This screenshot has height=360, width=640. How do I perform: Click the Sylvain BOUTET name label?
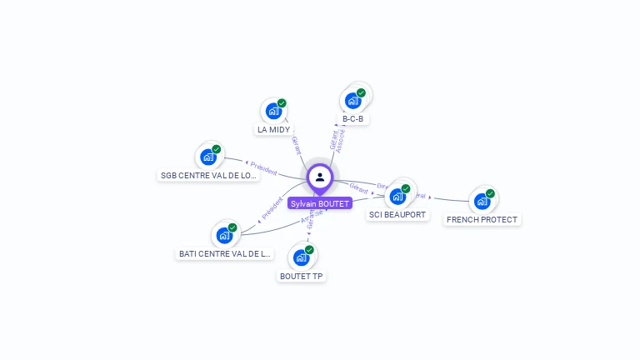(x=319, y=202)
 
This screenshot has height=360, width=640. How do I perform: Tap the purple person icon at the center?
(x=320, y=177)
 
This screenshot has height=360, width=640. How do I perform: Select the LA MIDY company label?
(x=273, y=130)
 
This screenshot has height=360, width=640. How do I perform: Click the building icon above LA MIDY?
(x=273, y=110)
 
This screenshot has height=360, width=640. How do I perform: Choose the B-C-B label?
(x=352, y=119)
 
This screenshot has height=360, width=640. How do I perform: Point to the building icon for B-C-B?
(x=353, y=100)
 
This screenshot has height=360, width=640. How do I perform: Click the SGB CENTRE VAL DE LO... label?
(x=208, y=176)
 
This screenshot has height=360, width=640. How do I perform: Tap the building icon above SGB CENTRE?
(x=208, y=157)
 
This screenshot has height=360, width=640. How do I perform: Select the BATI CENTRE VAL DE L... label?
(x=225, y=253)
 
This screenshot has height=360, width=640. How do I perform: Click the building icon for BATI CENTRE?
(x=224, y=235)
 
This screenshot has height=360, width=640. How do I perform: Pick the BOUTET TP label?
(x=301, y=276)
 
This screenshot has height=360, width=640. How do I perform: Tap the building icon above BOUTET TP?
(x=301, y=257)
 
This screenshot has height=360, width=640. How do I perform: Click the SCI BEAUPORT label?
(x=397, y=215)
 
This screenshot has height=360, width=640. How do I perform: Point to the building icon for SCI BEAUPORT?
(x=397, y=196)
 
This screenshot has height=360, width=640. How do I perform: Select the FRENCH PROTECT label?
(x=482, y=220)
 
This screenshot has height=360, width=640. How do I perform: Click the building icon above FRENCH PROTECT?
(x=482, y=201)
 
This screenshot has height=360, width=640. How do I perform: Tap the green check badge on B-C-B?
(x=361, y=92)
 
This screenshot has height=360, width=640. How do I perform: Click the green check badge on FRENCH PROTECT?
(x=490, y=193)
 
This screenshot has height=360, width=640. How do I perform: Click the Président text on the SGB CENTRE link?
(x=263, y=168)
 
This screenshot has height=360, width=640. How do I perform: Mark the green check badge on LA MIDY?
(x=282, y=103)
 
